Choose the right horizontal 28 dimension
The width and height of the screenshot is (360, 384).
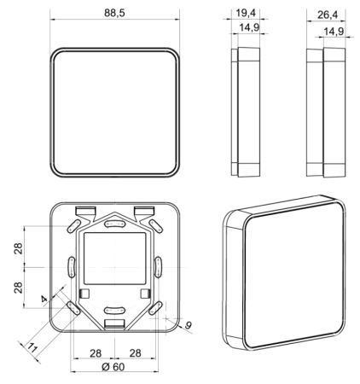pyautogui.click(x=134, y=352)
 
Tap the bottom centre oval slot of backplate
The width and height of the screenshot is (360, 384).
pyautogui.click(x=115, y=311)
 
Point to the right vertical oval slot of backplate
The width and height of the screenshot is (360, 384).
pyautogui.click(x=159, y=266)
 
